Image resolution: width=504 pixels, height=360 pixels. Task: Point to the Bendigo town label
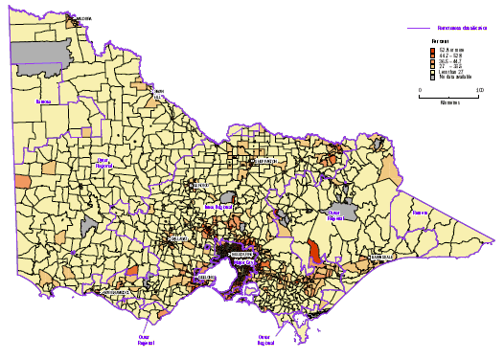[203, 185]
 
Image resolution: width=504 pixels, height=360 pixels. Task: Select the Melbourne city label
[241, 253]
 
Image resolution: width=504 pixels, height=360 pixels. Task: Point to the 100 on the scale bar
[480, 90]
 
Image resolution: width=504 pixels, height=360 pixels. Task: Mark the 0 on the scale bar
[421, 90]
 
